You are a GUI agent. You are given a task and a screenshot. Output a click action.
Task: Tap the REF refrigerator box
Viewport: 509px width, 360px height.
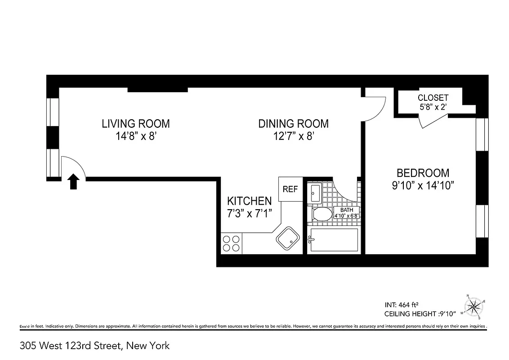(x=290, y=189)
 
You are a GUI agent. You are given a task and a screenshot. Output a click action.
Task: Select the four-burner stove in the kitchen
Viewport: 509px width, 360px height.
(x=231, y=243)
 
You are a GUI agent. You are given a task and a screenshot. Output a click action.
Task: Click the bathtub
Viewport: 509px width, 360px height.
(x=333, y=240)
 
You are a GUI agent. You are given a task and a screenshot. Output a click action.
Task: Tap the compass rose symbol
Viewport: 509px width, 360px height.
(x=473, y=307)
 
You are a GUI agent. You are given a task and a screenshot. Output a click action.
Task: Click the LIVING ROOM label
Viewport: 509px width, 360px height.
(x=135, y=123)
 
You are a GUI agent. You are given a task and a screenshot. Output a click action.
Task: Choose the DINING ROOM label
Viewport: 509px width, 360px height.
(x=293, y=123)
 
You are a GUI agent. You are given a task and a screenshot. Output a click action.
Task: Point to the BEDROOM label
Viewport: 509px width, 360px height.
(x=422, y=173)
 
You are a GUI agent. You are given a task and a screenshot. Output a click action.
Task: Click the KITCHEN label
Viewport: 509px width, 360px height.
(x=249, y=201)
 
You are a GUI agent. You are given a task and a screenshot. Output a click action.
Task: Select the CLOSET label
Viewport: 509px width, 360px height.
(x=433, y=98)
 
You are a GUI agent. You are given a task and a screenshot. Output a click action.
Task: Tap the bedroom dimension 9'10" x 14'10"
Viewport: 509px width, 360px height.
(x=422, y=185)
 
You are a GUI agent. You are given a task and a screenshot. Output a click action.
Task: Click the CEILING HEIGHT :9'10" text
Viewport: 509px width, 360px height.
(x=420, y=313)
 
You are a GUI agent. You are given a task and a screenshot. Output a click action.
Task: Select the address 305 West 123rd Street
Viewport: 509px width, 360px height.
(x=95, y=346)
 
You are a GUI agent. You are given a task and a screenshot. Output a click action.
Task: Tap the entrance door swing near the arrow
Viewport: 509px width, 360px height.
(x=72, y=166)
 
